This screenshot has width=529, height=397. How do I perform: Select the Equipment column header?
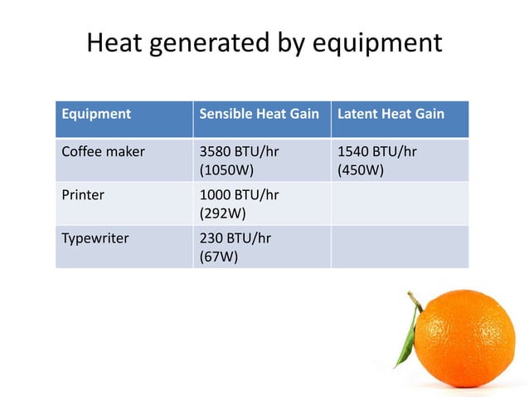(x=96, y=114)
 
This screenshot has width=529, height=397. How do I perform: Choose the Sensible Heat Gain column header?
(x=260, y=114)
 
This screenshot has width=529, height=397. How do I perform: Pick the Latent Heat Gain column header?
(x=391, y=114)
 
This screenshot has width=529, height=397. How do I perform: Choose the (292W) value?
(x=223, y=213)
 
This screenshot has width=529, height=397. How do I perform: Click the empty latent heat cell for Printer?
(x=400, y=203)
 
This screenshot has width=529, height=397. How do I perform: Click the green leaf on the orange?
(x=405, y=346)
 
